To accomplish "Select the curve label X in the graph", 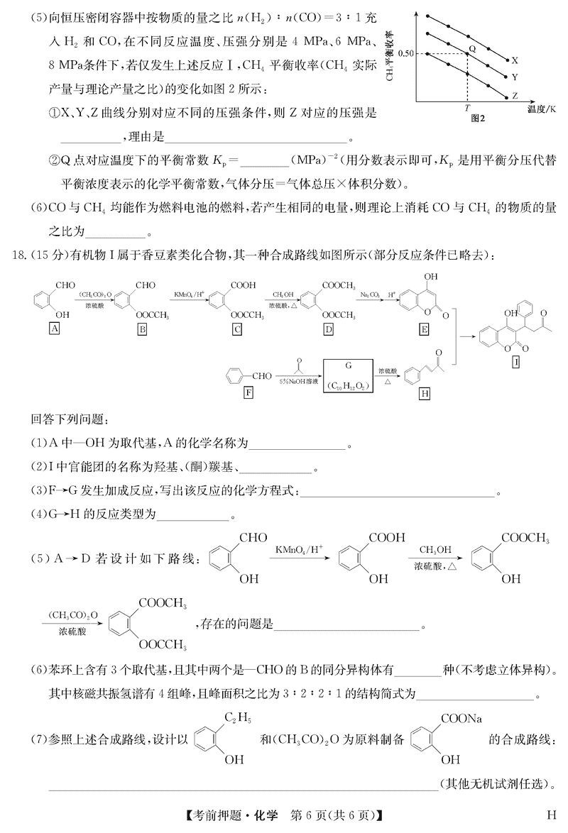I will click(x=515, y=61).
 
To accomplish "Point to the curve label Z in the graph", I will click(x=515, y=94).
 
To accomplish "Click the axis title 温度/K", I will click(x=542, y=110).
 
